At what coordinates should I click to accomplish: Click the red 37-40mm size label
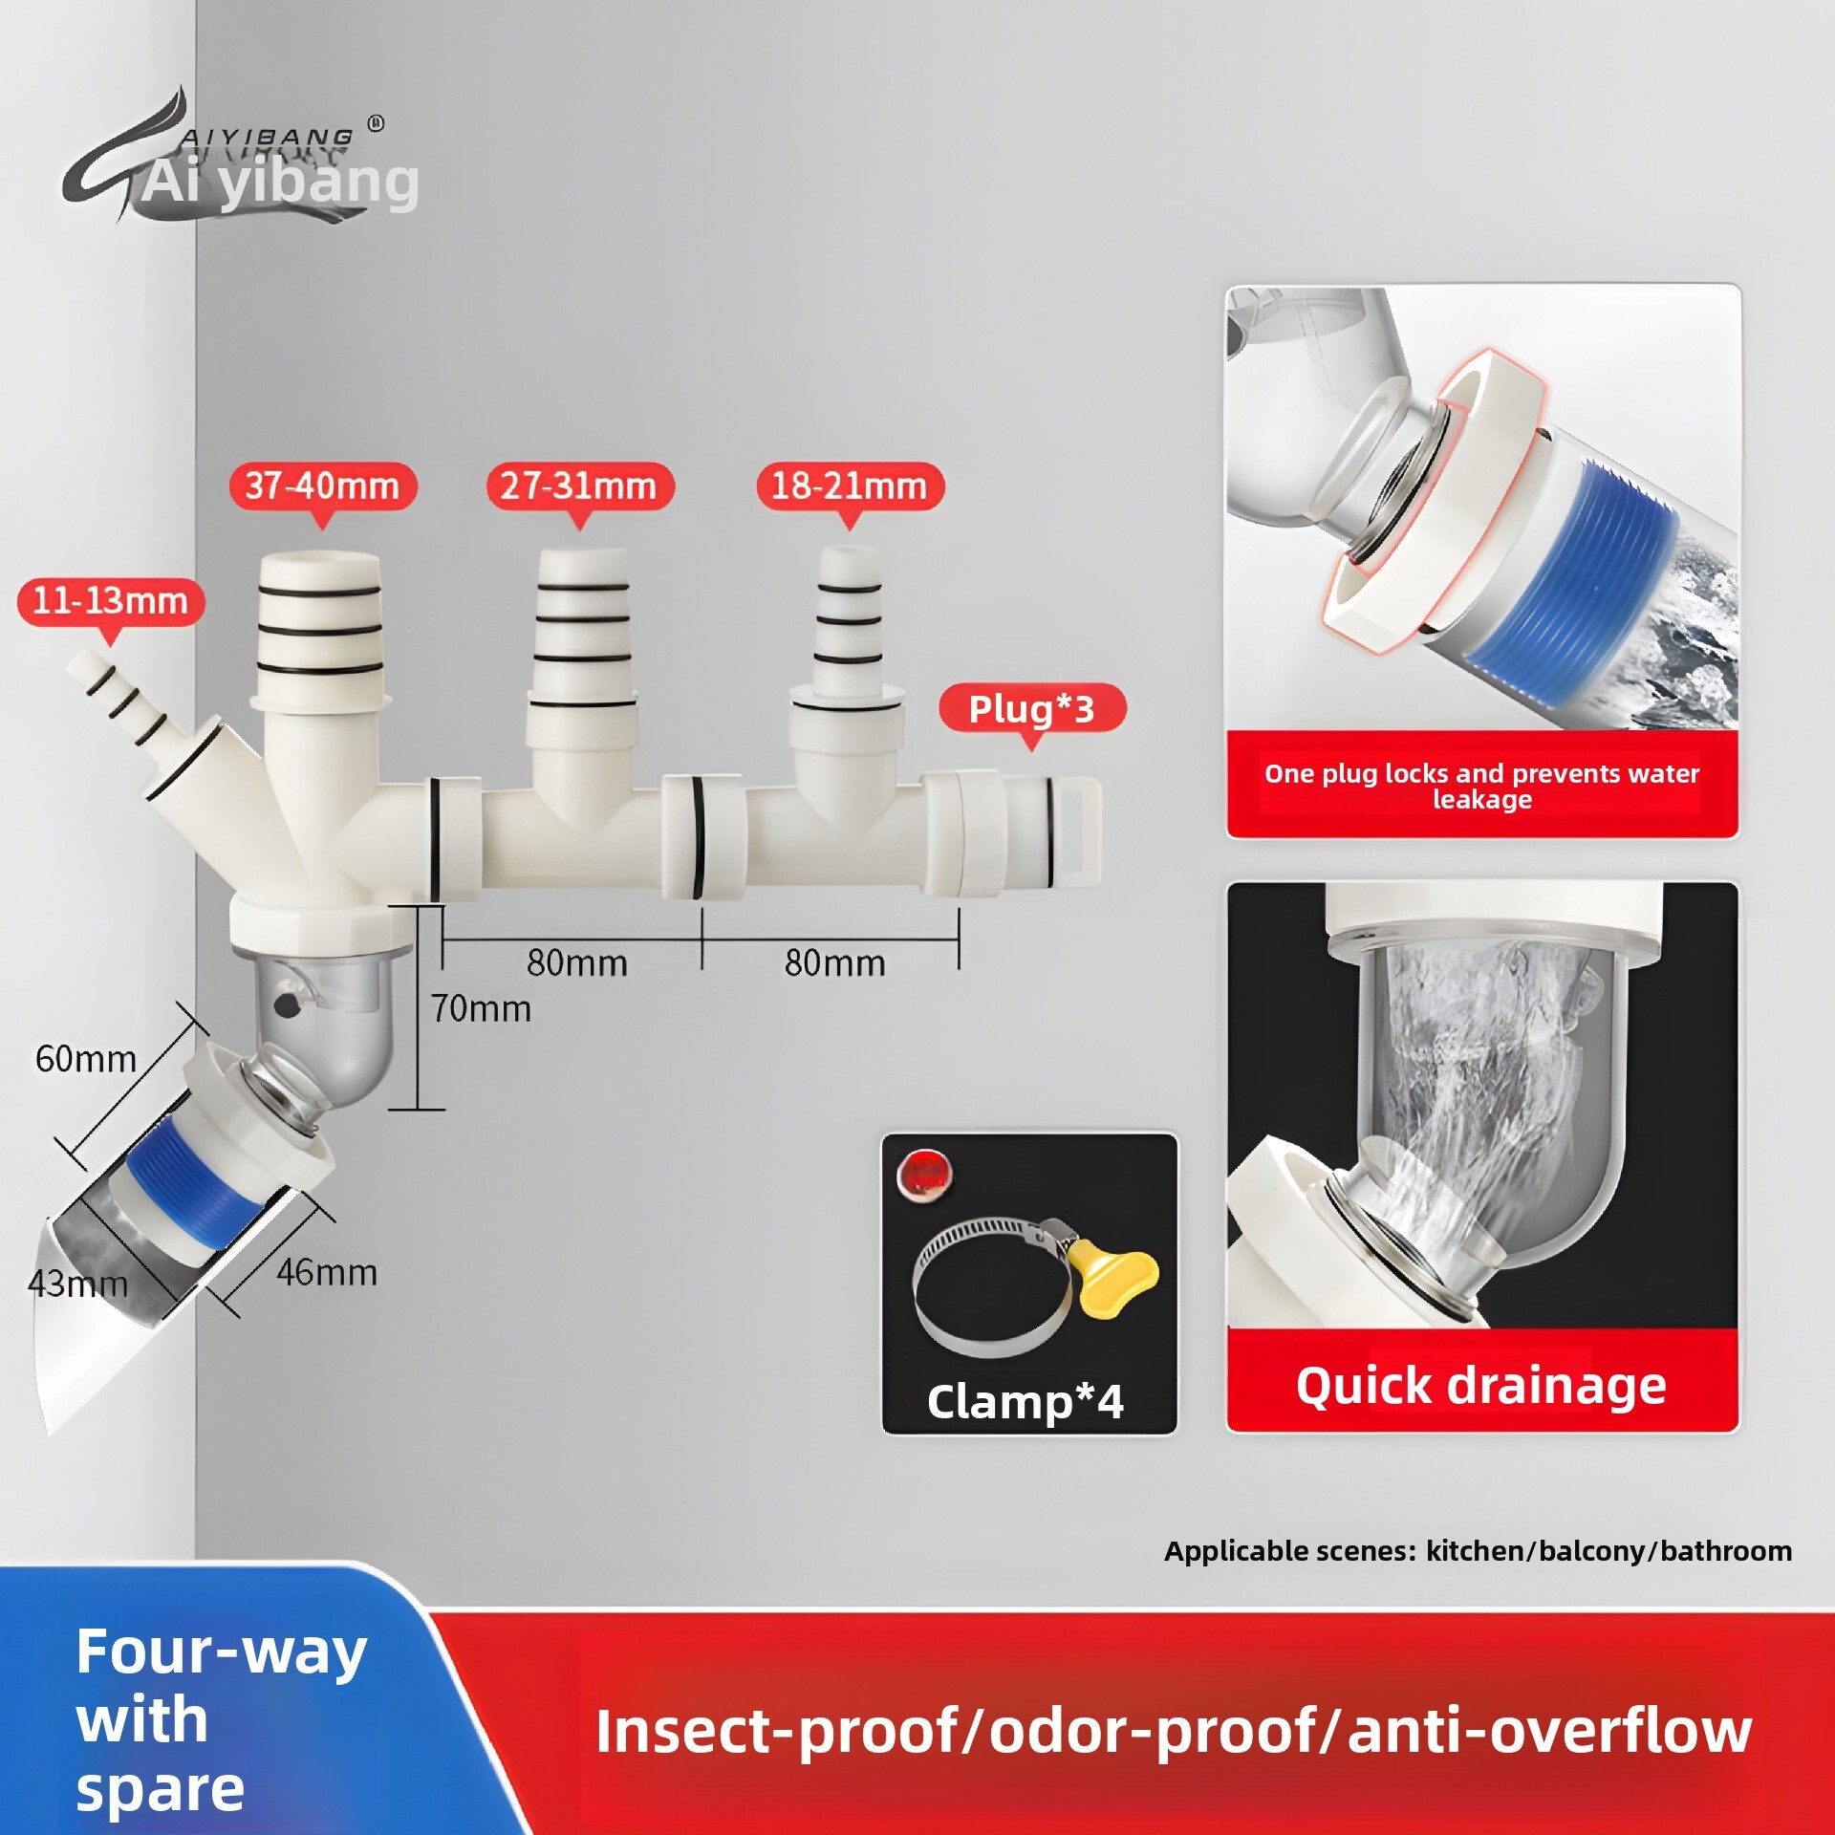click(x=322, y=486)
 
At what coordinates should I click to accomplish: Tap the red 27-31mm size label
click(x=578, y=486)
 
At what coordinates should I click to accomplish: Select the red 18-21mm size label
click(x=849, y=486)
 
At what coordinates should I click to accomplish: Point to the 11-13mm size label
click(x=110, y=601)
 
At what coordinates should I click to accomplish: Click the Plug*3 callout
click(x=1031, y=708)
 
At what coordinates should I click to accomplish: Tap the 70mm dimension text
click(x=481, y=1008)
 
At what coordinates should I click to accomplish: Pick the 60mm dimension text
click(x=86, y=1058)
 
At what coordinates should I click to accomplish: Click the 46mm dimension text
click(x=327, y=1272)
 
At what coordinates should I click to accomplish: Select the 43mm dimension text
click(x=78, y=1284)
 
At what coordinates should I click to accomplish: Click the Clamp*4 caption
click(x=1025, y=1401)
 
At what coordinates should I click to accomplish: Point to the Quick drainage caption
click(x=1480, y=1385)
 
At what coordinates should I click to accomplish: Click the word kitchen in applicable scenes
click(x=1479, y=1550)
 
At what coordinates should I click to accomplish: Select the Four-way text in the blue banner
click(x=222, y=1651)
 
